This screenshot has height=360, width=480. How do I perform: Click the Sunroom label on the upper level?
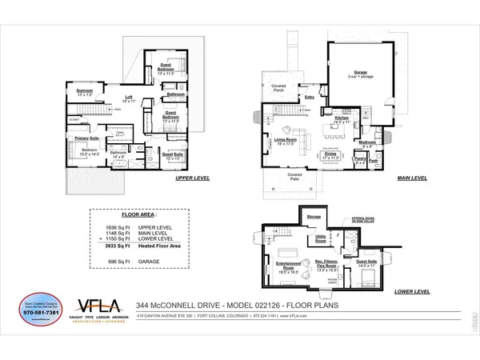tap(85, 91)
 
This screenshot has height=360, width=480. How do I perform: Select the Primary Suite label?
tap(87, 138)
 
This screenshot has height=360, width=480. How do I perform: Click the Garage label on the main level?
tap(362, 71)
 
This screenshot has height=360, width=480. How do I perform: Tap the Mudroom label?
tap(368, 142)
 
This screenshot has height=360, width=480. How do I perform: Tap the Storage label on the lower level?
tap(314, 216)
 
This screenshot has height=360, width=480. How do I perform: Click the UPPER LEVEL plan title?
tap(192, 178)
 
